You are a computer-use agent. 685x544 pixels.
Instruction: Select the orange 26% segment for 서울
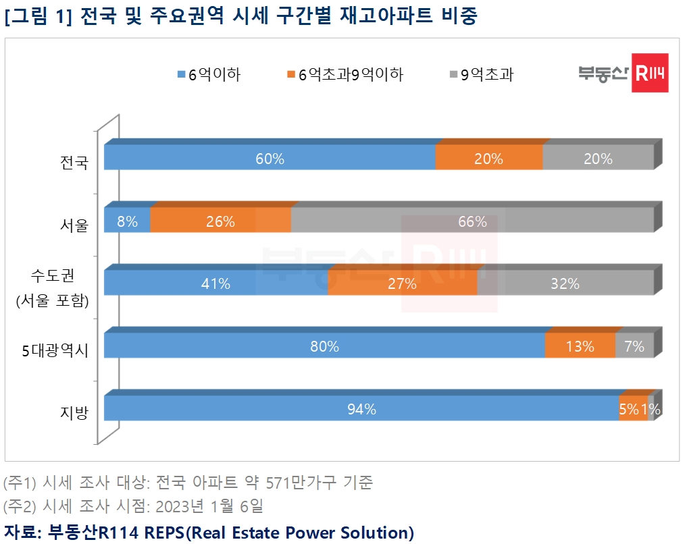coord(220,221)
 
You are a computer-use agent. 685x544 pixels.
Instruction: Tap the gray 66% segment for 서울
coord(472,221)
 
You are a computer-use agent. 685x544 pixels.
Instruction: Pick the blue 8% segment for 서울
coord(127,221)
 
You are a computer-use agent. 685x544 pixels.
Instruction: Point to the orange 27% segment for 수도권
coord(402,283)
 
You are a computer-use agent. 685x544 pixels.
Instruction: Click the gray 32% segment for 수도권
coord(565,283)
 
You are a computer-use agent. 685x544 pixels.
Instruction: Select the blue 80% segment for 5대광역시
coord(324,346)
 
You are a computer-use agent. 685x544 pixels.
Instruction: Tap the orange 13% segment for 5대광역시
coord(580,346)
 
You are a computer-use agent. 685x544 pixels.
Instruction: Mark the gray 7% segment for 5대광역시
coord(634,346)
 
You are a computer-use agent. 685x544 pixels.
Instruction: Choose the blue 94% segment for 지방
coord(361,408)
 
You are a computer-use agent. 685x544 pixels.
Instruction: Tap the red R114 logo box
coord(649,73)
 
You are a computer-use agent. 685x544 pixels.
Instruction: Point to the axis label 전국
coord(74,162)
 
